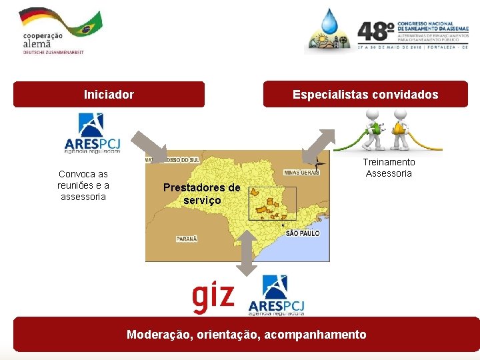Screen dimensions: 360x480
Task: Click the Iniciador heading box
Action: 109,95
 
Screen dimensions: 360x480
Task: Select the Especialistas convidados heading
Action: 365,95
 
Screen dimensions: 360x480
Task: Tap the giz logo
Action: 213,298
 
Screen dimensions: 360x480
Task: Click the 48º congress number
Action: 375,31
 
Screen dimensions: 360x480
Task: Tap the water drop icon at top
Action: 329,21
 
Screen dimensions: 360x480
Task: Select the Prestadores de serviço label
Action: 201,194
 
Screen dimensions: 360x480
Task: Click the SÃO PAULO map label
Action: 303,233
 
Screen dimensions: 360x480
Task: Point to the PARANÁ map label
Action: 187,238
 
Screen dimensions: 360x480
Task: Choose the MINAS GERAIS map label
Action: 301,172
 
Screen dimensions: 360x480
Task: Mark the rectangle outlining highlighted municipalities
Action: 272,203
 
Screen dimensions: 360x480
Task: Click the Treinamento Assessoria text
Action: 389,168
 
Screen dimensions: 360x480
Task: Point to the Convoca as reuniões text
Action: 83,185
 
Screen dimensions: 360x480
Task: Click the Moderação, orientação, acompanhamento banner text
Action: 246,334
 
